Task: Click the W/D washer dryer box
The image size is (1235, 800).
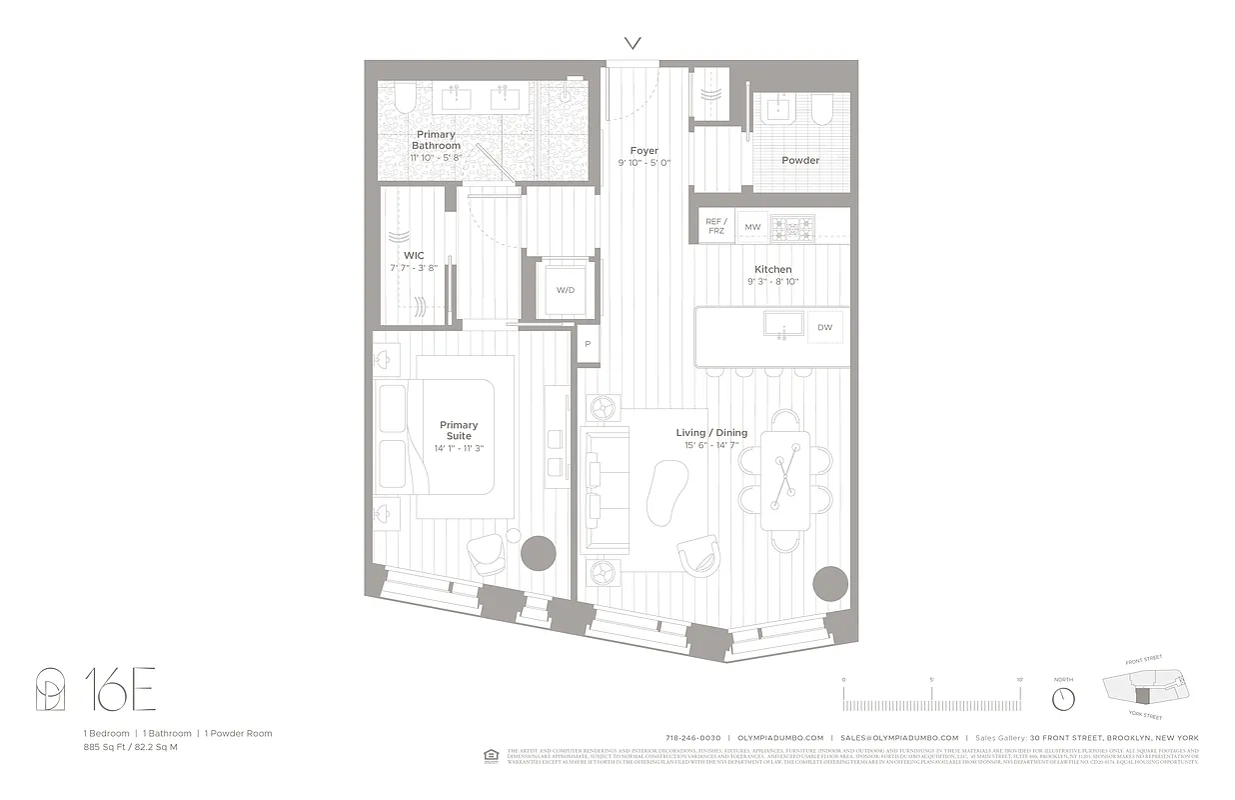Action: (x=565, y=289)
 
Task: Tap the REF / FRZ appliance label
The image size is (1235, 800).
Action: (x=714, y=226)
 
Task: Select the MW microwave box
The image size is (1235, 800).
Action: (x=752, y=228)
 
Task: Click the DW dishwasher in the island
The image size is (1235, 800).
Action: (x=824, y=327)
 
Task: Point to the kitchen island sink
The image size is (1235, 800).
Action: (x=782, y=324)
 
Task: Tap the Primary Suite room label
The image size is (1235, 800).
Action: (x=459, y=430)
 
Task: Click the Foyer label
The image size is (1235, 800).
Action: (x=643, y=151)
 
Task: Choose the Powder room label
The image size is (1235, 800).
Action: (x=800, y=160)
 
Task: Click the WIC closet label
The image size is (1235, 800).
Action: (x=414, y=256)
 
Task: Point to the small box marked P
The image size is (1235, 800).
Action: (x=588, y=344)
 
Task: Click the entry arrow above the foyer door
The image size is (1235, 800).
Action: (x=632, y=42)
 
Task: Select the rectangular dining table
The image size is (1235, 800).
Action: (x=785, y=479)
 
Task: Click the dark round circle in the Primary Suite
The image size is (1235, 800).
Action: (x=540, y=551)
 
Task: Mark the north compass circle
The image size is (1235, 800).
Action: (x=1063, y=697)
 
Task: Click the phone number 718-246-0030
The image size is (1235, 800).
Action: (x=692, y=738)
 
